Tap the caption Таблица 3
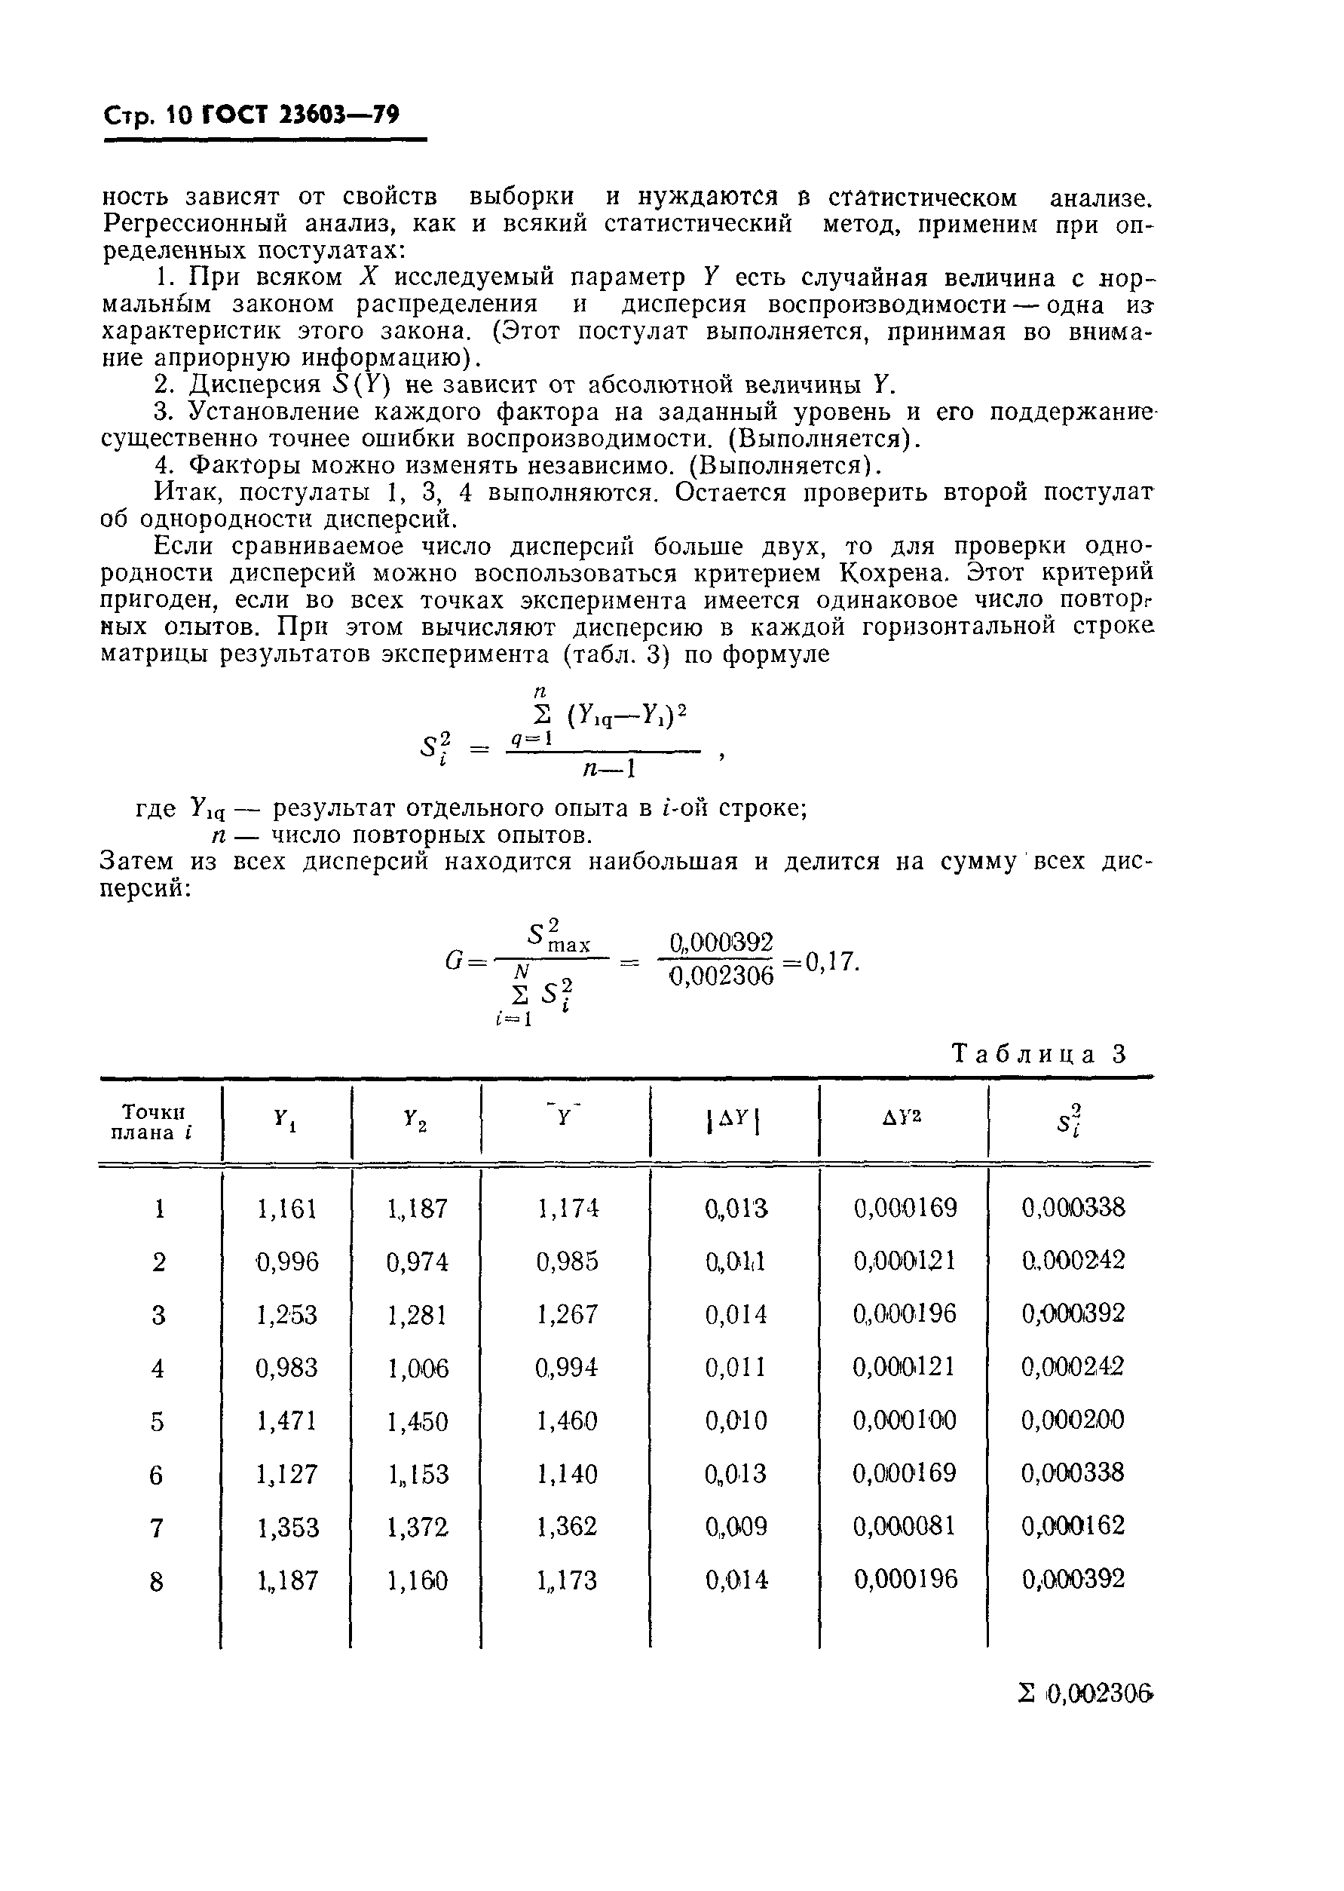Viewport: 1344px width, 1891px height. [1039, 1054]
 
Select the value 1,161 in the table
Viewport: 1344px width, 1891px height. [287, 1209]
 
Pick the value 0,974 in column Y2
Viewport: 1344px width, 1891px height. [417, 1262]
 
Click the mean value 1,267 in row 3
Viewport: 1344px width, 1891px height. [567, 1315]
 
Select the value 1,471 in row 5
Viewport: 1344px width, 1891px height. [287, 1422]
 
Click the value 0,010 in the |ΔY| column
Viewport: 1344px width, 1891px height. [736, 1422]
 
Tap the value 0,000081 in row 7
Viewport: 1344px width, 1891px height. [904, 1526]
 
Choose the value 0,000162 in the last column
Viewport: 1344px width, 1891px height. [1073, 1526]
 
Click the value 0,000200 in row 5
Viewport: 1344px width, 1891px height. [1073, 1421]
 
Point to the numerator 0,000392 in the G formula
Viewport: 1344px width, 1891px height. [721, 942]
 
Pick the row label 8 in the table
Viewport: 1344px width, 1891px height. [157, 1582]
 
